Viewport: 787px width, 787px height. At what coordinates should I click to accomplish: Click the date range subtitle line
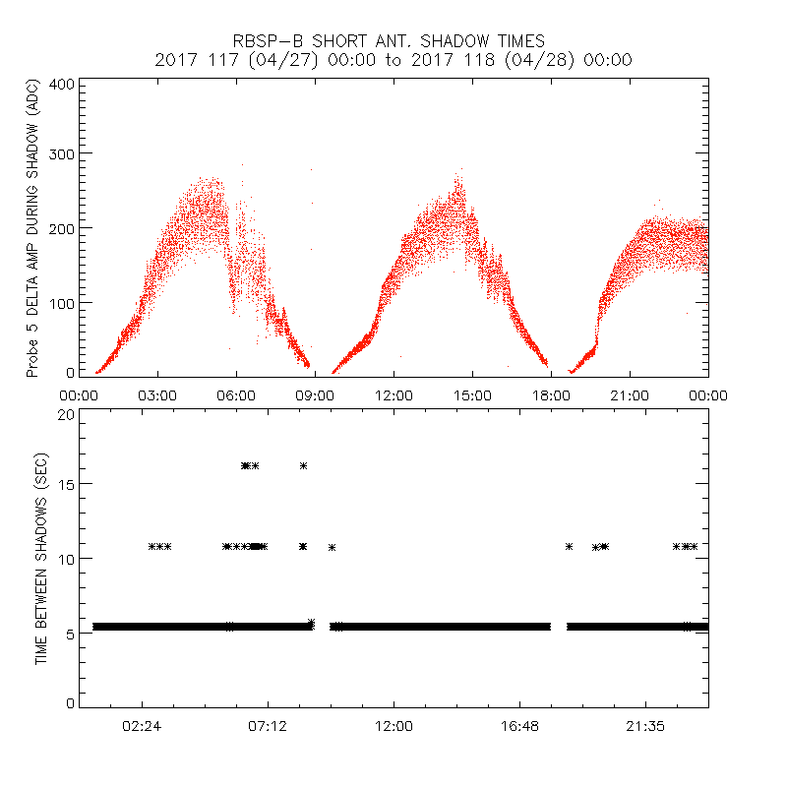point(393,60)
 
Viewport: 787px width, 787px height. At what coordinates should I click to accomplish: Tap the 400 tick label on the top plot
point(62,85)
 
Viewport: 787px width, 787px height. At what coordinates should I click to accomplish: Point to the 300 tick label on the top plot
point(62,153)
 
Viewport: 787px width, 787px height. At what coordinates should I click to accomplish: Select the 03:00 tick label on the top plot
point(157,395)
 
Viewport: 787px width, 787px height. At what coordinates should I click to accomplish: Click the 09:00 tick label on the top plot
point(315,395)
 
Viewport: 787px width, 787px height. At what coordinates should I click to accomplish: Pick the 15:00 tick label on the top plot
point(472,395)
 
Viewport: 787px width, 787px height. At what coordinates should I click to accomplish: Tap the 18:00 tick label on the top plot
point(551,395)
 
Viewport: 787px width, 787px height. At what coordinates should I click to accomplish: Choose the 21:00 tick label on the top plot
point(630,395)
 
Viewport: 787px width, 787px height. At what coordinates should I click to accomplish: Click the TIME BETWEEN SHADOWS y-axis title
point(41,559)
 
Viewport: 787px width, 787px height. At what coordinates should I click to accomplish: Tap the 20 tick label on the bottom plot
point(66,414)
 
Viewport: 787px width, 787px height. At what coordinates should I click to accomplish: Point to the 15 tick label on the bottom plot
point(66,484)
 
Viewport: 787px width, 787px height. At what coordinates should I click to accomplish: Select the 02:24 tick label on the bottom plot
point(143,726)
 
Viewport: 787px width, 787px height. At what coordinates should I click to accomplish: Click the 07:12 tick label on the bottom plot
point(268,726)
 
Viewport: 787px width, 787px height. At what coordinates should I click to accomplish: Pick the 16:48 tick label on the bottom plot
point(519,726)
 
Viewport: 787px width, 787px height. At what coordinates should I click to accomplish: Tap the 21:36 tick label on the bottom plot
point(645,726)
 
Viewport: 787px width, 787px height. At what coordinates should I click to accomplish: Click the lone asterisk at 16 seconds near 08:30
point(303,465)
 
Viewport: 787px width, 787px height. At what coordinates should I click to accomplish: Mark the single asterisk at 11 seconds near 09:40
point(333,547)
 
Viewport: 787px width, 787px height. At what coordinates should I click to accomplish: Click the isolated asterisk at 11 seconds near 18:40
point(569,546)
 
